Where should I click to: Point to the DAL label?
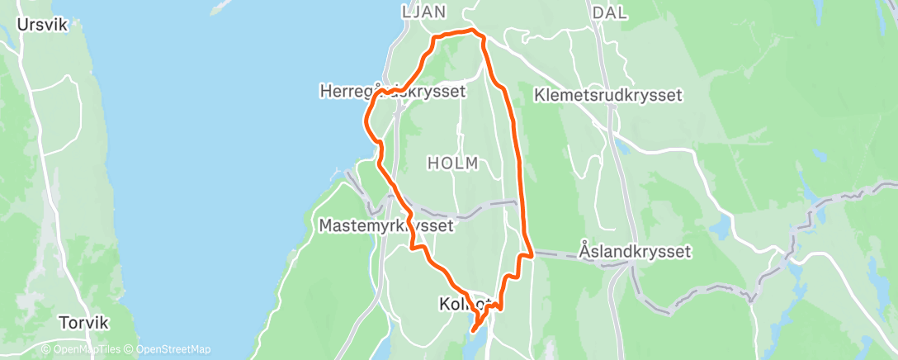[610, 12]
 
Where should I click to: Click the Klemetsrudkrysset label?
[608, 95]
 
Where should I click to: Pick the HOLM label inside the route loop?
[452, 163]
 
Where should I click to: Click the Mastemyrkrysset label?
[385, 225]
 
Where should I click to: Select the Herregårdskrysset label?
[392, 92]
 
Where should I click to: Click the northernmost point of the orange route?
[471, 31]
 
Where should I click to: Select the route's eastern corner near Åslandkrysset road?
[532, 255]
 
